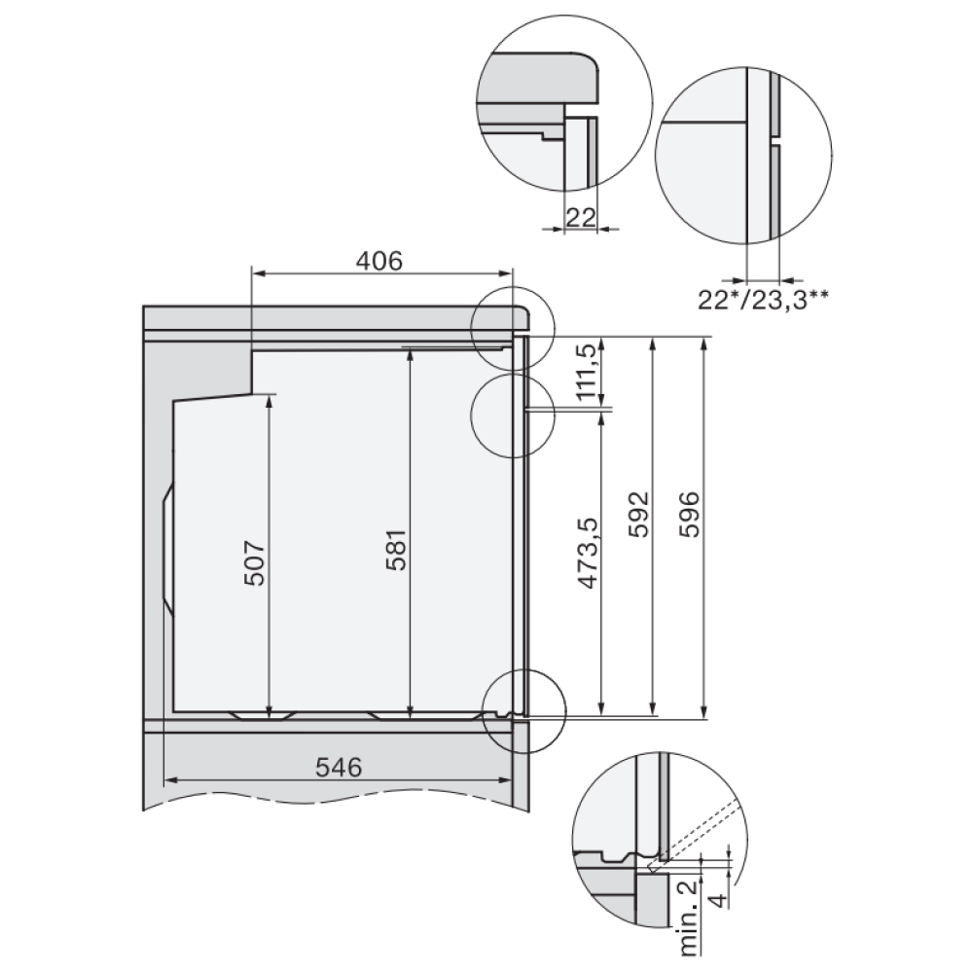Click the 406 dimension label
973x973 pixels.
[379, 261]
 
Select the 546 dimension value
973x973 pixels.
[339, 768]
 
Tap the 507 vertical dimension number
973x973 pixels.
[254, 563]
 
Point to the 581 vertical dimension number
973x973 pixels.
[396, 550]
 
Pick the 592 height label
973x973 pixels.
[638, 515]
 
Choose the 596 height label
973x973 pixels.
[689, 515]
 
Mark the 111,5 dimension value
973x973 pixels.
[589, 371]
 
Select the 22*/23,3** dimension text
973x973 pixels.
[763, 301]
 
